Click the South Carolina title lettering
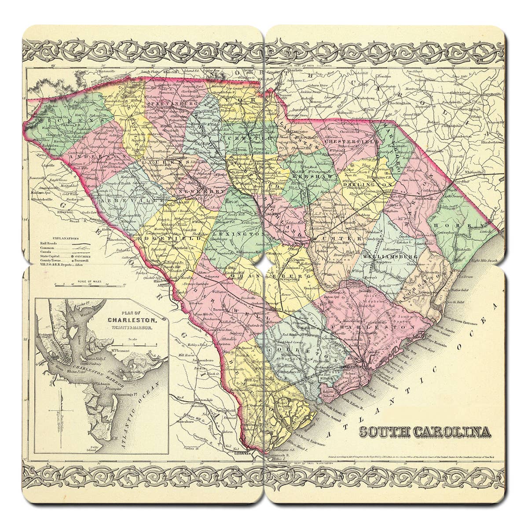(425, 432)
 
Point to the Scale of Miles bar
(88, 285)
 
